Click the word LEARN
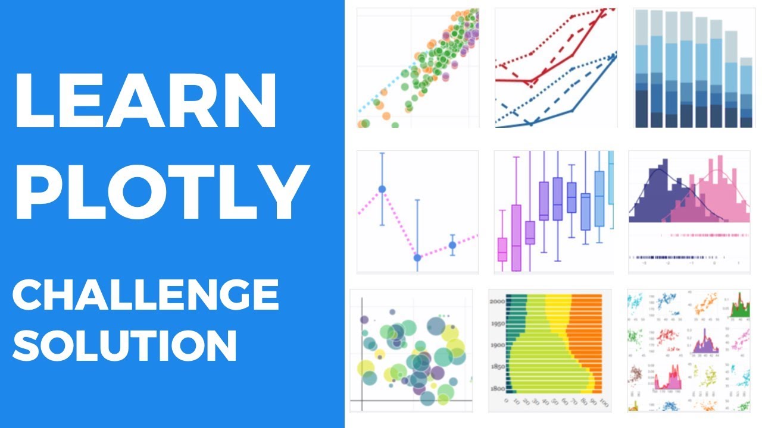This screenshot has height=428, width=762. click(x=146, y=102)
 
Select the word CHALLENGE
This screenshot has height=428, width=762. click(x=146, y=295)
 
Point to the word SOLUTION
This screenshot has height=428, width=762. click(x=125, y=345)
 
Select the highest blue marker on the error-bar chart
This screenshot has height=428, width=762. click(x=382, y=189)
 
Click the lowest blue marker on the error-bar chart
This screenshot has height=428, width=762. click(x=417, y=257)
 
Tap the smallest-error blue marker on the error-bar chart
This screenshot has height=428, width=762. click(x=452, y=245)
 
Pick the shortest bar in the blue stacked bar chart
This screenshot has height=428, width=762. click(x=745, y=92)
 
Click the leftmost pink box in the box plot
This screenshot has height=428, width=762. click(x=502, y=249)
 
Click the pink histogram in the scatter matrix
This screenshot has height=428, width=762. click(x=670, y=380)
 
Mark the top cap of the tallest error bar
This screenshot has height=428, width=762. click(x=382, y=153)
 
